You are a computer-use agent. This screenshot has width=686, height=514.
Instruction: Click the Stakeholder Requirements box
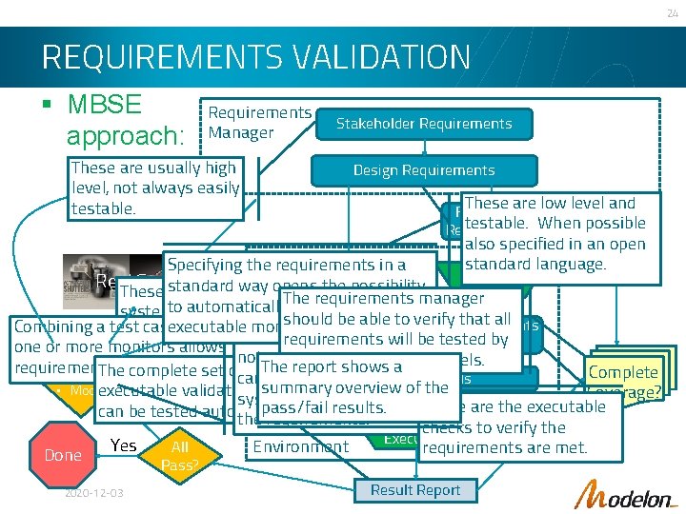coord(425,124)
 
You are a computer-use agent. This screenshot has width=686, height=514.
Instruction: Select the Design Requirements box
coord(424,170)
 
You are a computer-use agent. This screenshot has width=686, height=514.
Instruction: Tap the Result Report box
coord(415,490)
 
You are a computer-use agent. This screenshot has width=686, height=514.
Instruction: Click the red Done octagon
coord(63,455)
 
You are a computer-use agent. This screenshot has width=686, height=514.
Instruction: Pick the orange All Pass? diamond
coord(179,456)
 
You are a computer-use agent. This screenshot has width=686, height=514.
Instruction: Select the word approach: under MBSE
coord(120,135)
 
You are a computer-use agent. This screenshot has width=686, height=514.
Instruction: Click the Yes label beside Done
coord(124,445)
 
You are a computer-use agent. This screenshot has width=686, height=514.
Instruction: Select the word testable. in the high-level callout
coord(103,208)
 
